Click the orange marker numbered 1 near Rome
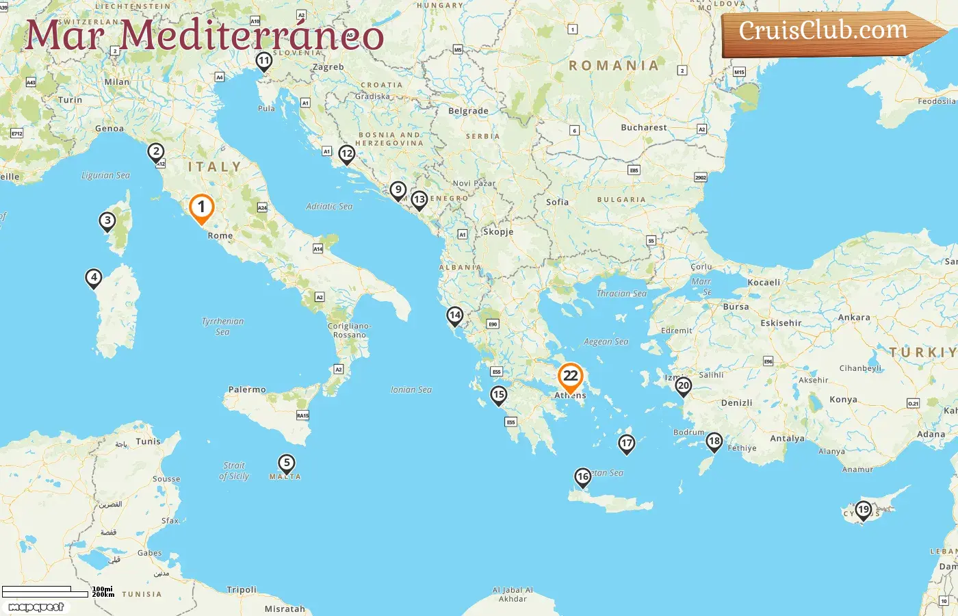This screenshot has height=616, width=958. (x=201, y=208)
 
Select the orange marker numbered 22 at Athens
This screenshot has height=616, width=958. (x=570, y=376)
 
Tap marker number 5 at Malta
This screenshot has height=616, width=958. (x=287, y=464)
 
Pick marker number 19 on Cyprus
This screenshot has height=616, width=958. (x=864, y=510)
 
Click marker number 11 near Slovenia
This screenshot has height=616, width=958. (x=264, y=62)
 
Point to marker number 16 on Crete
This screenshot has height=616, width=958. (x=582, y=477)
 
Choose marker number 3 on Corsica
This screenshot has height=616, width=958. (x=107, y=221)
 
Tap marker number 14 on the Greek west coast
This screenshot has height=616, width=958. (x=455, y=316)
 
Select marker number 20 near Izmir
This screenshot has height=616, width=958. (x=683, y=386)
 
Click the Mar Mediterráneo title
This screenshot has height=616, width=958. (x=205, y=35)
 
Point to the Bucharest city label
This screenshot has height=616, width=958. (x=643, y=127)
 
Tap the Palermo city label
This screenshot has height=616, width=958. (x=247, y=389)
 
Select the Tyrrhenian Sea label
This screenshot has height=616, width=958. (x=222, y=326)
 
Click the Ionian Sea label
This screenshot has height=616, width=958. (x=411, y=389)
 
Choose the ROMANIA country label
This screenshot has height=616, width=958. (x=614, y=66)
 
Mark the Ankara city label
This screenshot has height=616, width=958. (x=854, y=318)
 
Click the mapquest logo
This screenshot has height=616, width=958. (x=36, y=607)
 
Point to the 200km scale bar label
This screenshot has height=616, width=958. (x=103, y=595)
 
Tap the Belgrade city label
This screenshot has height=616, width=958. (x=468, y=111)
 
